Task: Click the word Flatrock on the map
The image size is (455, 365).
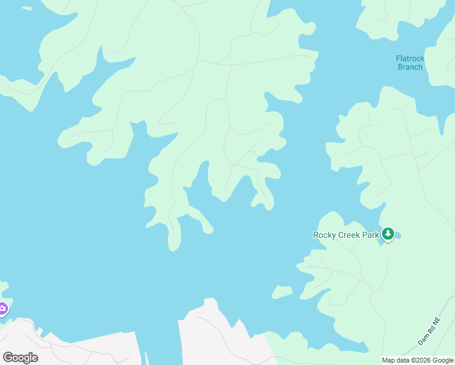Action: click(410, 59)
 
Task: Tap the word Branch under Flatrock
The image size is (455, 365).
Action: click(410, 68)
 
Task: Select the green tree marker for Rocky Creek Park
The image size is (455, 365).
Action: click(388, 234)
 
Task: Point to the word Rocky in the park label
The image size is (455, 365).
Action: click(325, 235)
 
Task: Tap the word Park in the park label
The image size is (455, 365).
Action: click(372, 235)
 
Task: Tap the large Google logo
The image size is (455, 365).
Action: click(20, 358)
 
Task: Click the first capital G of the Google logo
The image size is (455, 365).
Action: click(7, 358)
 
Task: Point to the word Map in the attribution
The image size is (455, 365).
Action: click(389, 361)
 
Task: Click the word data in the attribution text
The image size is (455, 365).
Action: click(403, 361)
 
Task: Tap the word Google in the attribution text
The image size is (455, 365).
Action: click(443, 361)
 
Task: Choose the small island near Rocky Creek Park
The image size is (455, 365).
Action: click(282, 292)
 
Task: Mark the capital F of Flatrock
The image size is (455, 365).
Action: click(398, 59)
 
